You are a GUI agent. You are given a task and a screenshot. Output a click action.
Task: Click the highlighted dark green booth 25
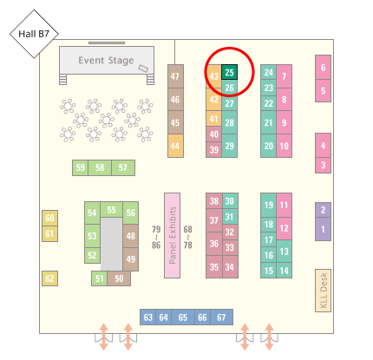pyautogui.click(x=229, y=72)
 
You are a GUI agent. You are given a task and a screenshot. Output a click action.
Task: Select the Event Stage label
pyautogui.click(x=106, y=61)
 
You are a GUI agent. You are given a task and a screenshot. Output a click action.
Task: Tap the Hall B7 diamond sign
pyautogui.click(x=34, y=34)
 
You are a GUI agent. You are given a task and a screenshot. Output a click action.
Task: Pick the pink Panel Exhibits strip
pyautogui.click(x=172, y=235)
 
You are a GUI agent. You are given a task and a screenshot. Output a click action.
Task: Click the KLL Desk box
pyautogui.click(x=323, y=291)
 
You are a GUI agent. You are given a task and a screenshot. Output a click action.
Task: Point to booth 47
pyautogui.click(x=175, y=76)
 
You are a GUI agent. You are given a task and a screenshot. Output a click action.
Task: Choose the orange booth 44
pyautogui.click(x=175, y=146)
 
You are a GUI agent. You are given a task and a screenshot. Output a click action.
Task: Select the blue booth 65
pyautogui.click(x=183, y=317)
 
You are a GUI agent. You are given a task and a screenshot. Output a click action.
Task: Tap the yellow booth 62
pyautogui.click(x=49, y=278)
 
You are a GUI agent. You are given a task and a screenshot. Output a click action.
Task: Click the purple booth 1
pyautogui.click(x=323, y=229)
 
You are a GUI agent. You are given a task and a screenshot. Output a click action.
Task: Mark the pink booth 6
pyautogui.click(x=323, y=68)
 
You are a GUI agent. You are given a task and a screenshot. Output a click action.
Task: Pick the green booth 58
pyautogui.click(x=100, y=167)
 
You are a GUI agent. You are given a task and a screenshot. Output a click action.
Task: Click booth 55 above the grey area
pyautogui.click(x=111, y=210)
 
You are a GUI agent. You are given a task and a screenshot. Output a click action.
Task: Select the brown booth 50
pyautogui.click(x=119, y=278)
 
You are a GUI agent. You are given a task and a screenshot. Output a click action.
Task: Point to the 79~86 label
pyautogui.click(x=156, y=237)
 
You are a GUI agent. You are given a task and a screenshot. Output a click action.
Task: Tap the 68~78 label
pyautogui.click(x=187, y=237)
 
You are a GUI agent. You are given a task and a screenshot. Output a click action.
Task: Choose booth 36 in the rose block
pyautogui.click(x=214, y=244)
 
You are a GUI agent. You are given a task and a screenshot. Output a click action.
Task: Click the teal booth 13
pyautogui.click(x=284, y=252)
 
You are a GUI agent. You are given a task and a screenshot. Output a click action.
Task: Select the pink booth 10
pyautogui.click(x=284, y=146)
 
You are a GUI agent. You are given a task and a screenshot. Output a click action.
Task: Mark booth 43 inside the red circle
pyautogui.click(x=214, y=76)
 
